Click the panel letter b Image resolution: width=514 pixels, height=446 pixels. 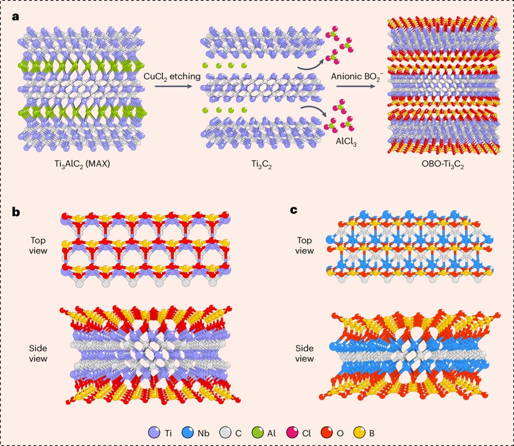[x=17, y=211]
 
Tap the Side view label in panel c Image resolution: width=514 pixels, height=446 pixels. [x=303, y=353]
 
